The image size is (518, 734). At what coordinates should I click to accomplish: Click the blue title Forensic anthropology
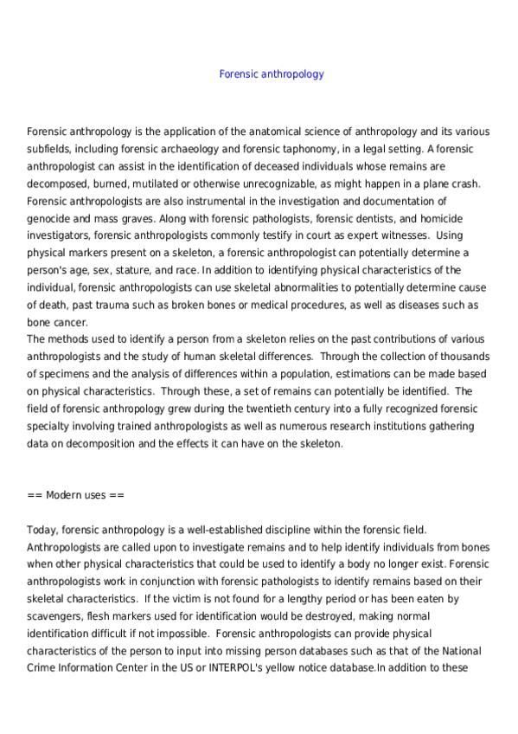[272, 74]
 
